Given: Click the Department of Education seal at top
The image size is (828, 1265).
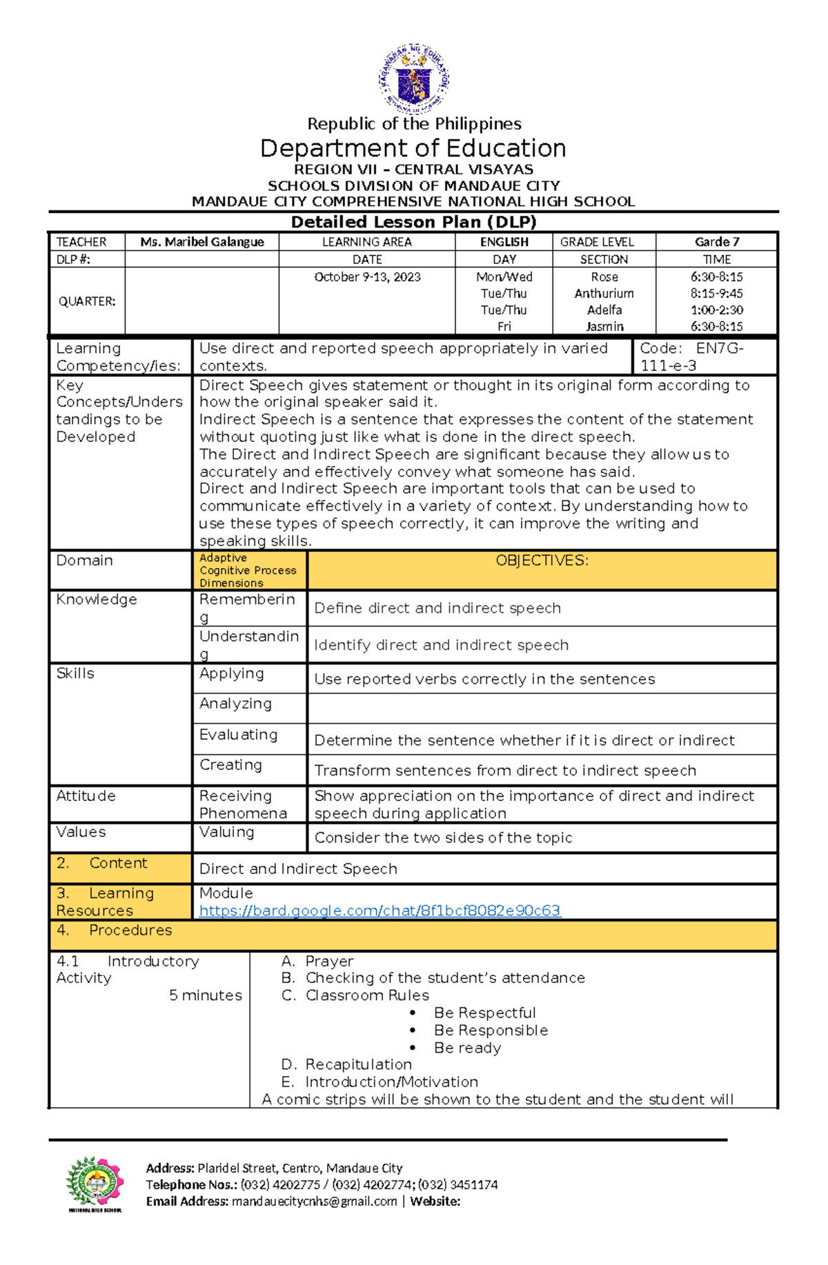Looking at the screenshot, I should click(x=413, y=78).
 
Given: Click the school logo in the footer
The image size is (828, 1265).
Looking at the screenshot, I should click(x=95, y=1184).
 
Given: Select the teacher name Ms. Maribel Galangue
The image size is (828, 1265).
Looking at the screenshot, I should click(x=201, y=242).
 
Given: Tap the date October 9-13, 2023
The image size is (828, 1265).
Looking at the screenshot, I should click(x=367, y=277).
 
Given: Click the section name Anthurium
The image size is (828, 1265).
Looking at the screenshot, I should click(x=604, y=294).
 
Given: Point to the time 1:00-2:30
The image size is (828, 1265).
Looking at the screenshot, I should click(x=716, y=310).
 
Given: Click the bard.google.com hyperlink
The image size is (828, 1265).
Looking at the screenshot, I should click(x=379, y=911).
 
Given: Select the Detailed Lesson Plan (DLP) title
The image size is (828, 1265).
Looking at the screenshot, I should click(x=413, y=222).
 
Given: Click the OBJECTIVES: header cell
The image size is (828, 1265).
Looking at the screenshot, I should click(x=542, y=561).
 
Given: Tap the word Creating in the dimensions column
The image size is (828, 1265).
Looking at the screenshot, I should click(x=230, y=765).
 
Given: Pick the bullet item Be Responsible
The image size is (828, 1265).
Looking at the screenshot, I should click(x=491, y=1031).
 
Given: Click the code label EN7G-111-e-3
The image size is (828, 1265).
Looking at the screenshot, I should click(x=691, y=357).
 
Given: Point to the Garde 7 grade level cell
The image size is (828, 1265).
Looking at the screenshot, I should click(x=716, y=242).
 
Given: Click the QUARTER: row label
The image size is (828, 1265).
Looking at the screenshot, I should click(x=86, y=302).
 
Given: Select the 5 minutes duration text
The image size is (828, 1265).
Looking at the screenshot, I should click(x=206, y=995).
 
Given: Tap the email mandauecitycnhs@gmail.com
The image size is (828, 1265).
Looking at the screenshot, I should click(x=314, y=1202).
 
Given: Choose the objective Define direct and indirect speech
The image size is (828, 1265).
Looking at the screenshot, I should click(x=437, y=608).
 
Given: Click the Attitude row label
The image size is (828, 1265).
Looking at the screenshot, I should click(x=86, y=796).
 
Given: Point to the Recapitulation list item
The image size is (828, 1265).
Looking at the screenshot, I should click(x=358, y=1065).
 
